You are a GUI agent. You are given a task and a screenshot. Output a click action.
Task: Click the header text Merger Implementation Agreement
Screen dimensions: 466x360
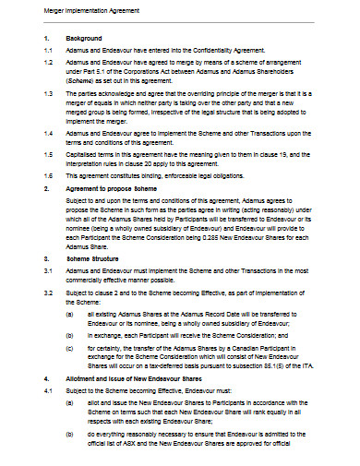[x=57, y=10]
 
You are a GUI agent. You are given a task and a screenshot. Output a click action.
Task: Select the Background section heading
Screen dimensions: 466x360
[x=85, y=39]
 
